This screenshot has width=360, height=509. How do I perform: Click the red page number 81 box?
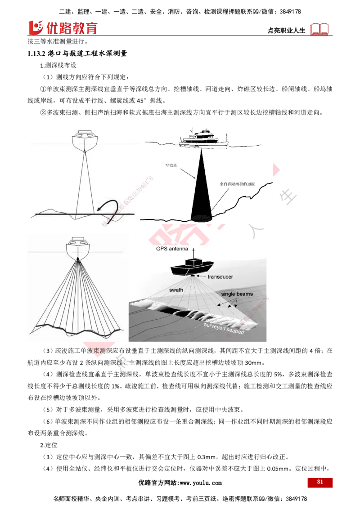coord(319,482)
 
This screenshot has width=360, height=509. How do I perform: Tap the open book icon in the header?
coord(319,29)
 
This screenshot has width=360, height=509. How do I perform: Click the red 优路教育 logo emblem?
coord(36,27)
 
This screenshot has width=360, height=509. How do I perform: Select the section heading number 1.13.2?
coord(36,54)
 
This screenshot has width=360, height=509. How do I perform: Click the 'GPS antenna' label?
coord(172,249)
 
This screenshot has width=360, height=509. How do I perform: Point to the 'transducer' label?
coord(220,277)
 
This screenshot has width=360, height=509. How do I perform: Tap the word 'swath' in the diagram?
coord(176,290)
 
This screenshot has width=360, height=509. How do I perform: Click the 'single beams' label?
coord(237,294)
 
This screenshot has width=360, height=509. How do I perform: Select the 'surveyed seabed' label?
coord(224,328)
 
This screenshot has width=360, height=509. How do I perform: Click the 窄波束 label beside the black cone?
coord(171,165)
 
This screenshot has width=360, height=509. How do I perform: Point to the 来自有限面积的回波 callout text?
coord(237,184)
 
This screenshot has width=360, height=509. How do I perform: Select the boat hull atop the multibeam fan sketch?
coord(78,248)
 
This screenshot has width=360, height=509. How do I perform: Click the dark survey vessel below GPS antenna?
coord(192,267)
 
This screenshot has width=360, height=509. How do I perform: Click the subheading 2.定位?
coord(49,445)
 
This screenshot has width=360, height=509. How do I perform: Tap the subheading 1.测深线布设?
coord(58,65)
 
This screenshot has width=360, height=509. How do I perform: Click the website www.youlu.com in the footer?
coord(201,483)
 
